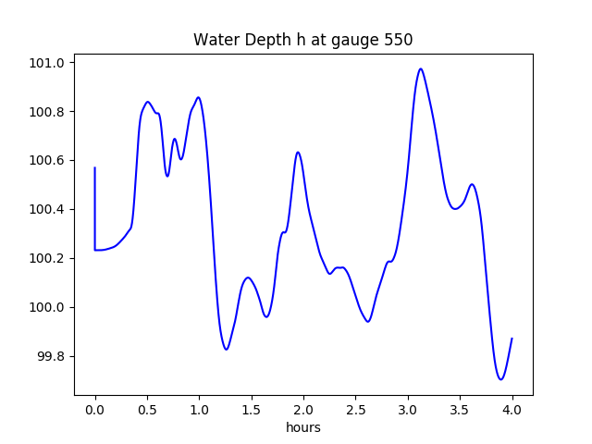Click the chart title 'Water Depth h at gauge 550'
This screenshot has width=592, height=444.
(302, 40)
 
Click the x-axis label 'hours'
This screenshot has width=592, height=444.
(303, 428)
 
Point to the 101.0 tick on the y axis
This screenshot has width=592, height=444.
(49, 63)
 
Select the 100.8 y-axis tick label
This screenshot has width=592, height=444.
(49, 112)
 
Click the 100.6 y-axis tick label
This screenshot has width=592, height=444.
(49, 161)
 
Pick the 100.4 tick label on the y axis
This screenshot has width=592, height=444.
(49, 210)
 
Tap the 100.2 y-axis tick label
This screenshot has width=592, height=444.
(49, 258)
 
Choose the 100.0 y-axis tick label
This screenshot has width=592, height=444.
(49, 307)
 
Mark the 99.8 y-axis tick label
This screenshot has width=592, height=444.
(52, 356)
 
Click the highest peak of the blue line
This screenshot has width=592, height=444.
(421, 68)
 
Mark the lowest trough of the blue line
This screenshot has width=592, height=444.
(500, 379)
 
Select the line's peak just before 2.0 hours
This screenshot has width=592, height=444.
(298, 152)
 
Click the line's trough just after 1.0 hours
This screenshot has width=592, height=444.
(226, 349)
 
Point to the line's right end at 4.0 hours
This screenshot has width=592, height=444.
(512, 339)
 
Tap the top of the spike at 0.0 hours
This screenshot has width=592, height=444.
(95, 167)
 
